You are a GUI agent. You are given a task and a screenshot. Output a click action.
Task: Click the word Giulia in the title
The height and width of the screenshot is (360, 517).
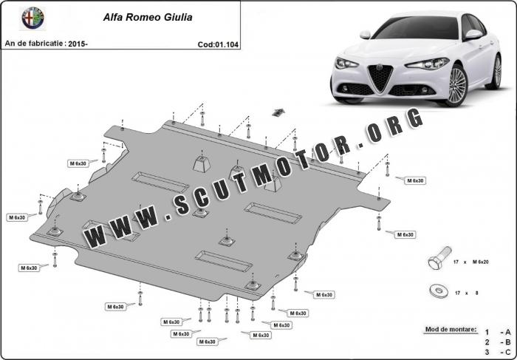(174, 16)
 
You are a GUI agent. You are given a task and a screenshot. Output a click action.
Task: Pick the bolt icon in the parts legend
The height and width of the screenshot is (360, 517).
(436, 262)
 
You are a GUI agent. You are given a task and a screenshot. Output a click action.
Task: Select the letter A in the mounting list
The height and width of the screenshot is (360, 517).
(508, 333)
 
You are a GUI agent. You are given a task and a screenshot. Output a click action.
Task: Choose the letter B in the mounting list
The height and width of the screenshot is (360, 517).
(508, 342)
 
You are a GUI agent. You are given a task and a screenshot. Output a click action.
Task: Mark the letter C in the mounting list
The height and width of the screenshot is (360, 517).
(508, 353)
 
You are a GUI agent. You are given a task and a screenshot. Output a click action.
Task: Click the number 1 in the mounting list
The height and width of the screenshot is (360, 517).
(487, 333)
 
